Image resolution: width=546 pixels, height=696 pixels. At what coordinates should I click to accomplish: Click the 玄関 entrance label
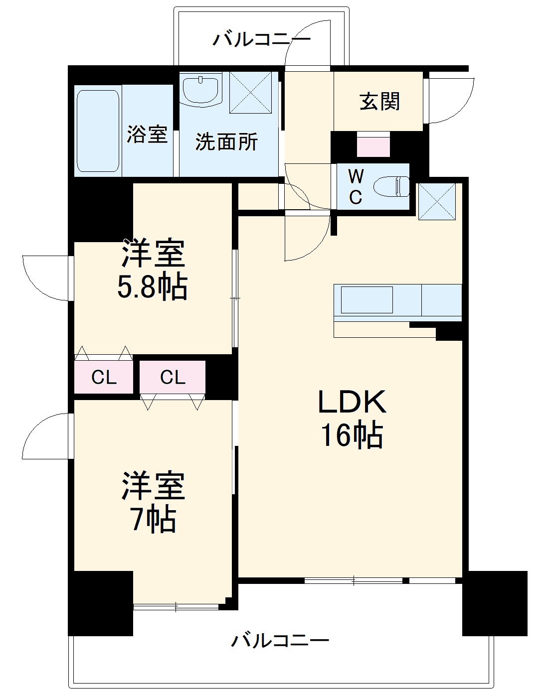pos(379,102)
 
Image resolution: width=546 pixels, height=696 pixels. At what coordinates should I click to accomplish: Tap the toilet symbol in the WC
pos(393,187)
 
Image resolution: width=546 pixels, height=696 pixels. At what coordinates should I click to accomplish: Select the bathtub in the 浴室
pos(98,131)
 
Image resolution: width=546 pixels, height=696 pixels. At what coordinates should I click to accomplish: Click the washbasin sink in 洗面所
pos(201,90)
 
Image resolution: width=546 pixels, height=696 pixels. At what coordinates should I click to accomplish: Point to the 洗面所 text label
pos(226,142)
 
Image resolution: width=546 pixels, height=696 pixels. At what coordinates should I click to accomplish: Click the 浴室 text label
pos(147,134)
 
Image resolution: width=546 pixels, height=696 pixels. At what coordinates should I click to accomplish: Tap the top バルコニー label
pos(261,39)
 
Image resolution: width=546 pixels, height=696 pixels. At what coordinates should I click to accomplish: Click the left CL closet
pos(104,377)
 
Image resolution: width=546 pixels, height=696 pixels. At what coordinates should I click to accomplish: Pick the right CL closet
pos(173,377)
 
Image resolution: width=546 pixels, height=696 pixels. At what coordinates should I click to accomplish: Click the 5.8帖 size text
pos(152,287)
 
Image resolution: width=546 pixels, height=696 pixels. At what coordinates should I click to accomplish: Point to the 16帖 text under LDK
pos(351,435)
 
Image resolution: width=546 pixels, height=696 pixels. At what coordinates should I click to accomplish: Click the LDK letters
pos(352,402)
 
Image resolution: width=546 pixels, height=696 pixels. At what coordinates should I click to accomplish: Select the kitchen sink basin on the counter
pos(366,299)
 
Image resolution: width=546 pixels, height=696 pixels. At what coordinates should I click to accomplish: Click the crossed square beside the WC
pos(437,201)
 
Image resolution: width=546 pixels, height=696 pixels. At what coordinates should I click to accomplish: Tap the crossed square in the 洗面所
pos(250,93)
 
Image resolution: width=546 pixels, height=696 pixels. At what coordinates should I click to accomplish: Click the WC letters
pos(356,187)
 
